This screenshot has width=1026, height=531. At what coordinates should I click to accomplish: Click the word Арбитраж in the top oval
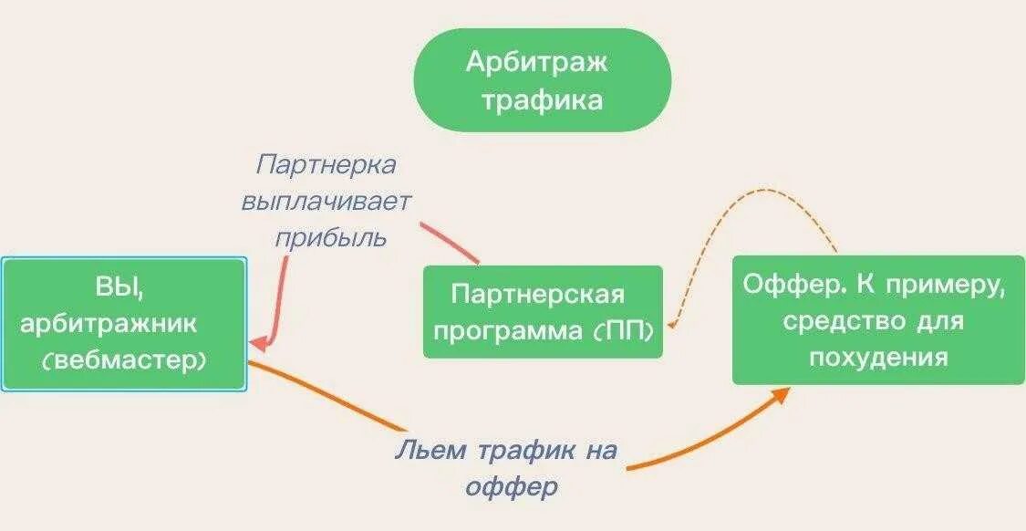pos(537,63)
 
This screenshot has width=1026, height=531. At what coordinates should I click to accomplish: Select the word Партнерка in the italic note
pos(326,165)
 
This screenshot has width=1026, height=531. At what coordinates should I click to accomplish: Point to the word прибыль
pos(331,237)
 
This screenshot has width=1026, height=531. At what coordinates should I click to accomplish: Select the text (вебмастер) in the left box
pos(123,359)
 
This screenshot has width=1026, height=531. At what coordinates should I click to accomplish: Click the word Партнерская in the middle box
pos(538,296)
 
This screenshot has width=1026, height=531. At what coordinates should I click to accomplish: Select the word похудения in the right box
pos(878,357)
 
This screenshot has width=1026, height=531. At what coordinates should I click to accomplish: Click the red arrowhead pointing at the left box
pos(259,344)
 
